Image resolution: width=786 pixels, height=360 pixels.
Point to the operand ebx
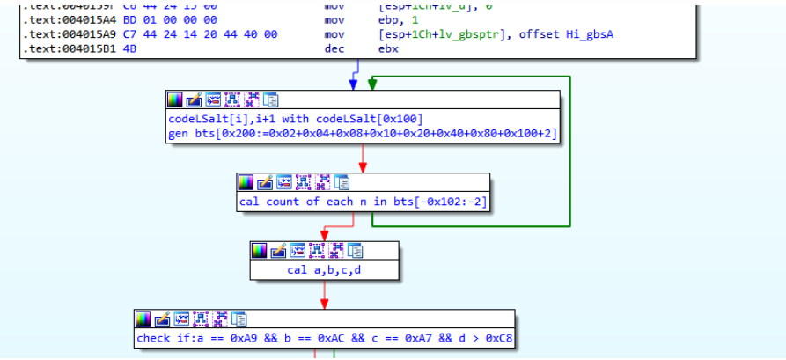coord(389,49)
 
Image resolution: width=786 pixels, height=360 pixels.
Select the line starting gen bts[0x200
coord(362,134)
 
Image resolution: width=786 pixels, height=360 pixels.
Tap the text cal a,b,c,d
coord(324,269)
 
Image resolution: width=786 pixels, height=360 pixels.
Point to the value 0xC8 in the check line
coord(497,338)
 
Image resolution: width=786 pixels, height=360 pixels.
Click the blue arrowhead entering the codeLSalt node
coord(354,84)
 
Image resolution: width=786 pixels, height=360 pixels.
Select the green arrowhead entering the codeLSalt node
coord(372,84)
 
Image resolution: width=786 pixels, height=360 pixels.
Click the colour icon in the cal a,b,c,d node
coord(260,250)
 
